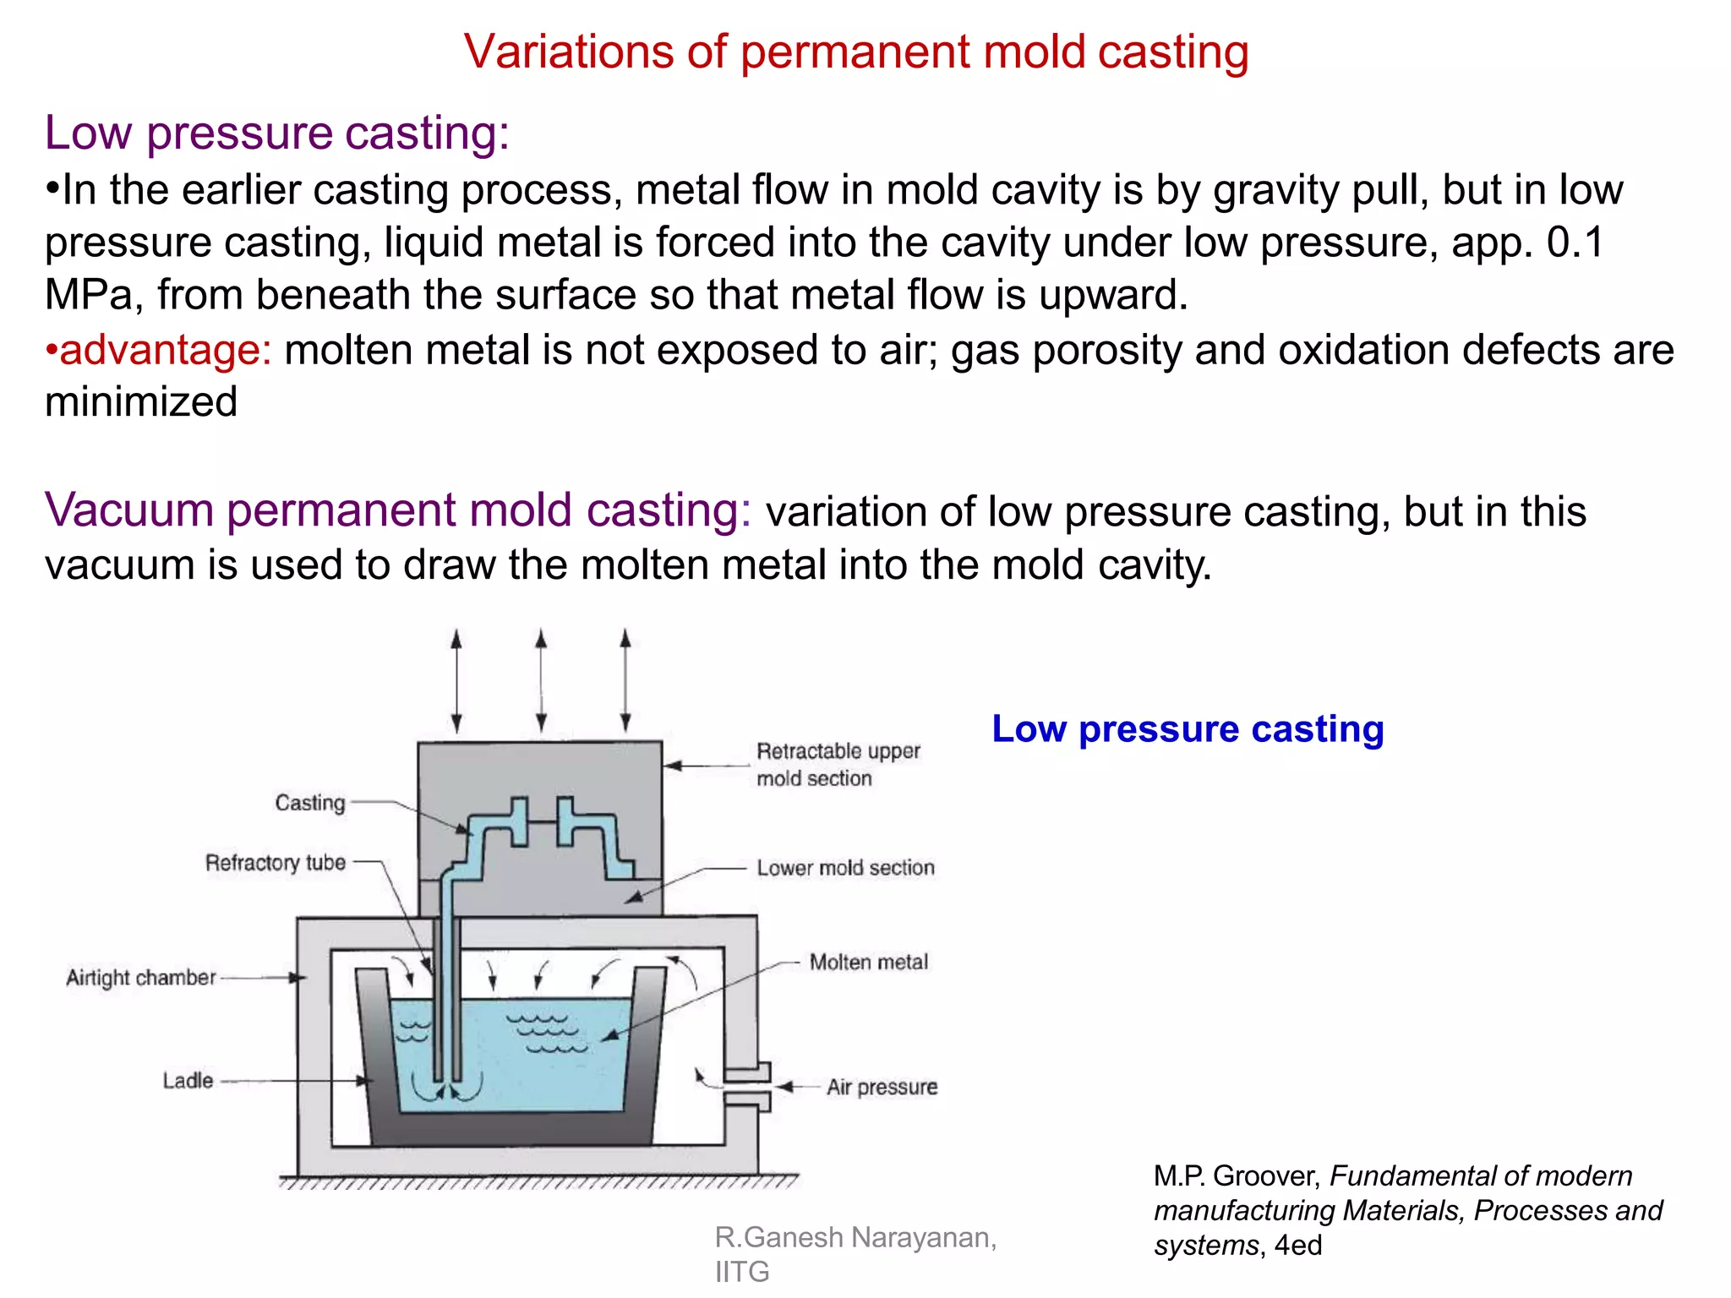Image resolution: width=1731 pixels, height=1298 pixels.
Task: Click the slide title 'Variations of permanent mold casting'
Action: click(856, 52)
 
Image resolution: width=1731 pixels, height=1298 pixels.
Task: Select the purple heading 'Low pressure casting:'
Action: click(277, 134)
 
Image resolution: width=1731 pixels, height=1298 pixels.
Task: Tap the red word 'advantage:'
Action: click(166, 350)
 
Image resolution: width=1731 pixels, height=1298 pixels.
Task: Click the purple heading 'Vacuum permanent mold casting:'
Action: click(398, 510)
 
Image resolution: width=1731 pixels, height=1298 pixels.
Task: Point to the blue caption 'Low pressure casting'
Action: click(1188, 729)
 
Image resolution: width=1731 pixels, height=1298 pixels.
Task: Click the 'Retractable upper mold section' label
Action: click(837, 765)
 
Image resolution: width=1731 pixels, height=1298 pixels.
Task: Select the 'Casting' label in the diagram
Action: click(310, 803)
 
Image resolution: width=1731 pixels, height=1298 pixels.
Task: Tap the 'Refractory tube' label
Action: click(276, 863)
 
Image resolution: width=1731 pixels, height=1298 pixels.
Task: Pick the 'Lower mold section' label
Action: click(845, 868)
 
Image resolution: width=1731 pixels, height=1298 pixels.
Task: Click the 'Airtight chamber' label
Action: click(141, 978)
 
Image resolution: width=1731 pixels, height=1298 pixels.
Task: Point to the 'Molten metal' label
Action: click(868, 963)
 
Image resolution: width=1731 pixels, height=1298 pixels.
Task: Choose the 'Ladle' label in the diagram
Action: click(188, 1081)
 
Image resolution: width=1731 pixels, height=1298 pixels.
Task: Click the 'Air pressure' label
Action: click(882, 1087)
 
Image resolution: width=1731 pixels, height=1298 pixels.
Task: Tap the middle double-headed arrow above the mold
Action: click(541, 680)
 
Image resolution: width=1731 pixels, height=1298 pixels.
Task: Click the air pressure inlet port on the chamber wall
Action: click(749, 1087)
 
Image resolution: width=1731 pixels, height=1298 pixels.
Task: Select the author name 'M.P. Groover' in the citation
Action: click(1236, 1176)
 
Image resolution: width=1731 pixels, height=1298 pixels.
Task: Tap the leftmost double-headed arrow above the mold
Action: click(456, 680)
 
